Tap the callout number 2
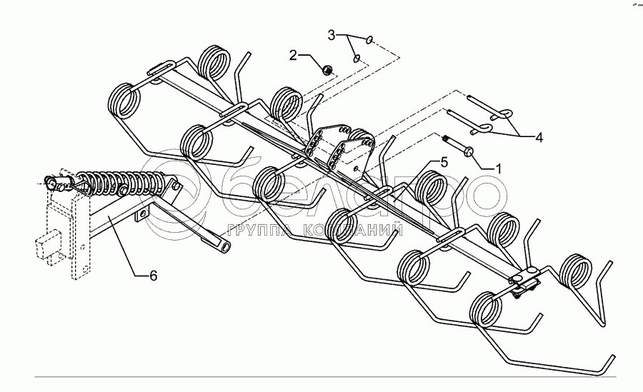click(x=294, y=54)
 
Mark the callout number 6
click(x=153, y=273)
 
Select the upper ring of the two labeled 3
click(x=367, y=41)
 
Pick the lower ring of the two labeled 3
click(x=355, y=56)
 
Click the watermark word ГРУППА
click(x=259, y=230)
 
